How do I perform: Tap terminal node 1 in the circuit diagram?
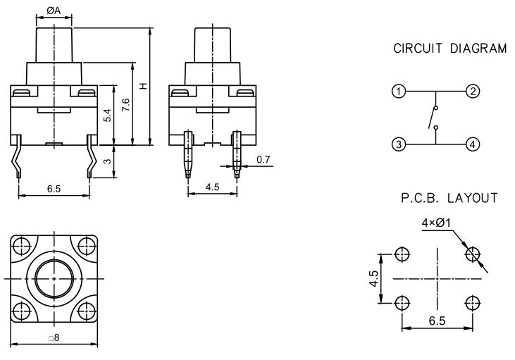[x=399, y=92]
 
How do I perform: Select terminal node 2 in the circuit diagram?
[x=473, y=92]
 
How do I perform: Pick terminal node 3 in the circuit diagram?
[x=399, y=144]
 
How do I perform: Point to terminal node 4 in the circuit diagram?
[x=473, y=144]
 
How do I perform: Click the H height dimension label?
[x=143, y=86]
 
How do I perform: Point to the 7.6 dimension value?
[x=125, y=104]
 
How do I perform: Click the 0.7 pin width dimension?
[x=264, y=161]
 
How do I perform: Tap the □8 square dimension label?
[x=54, y=338]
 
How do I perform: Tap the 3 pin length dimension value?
[x=107, y=161]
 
